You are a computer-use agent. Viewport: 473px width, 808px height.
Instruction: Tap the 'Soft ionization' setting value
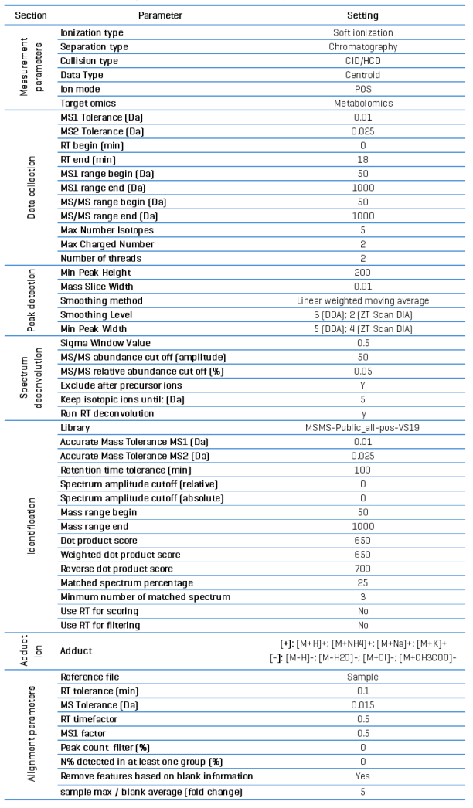tap(362, 33)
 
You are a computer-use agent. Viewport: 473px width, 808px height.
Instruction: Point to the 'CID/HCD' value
tap(362, 61)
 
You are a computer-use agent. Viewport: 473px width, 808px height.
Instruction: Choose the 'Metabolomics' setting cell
tap(362, 103)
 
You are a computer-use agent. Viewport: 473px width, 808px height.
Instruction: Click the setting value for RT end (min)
tap(362, 159)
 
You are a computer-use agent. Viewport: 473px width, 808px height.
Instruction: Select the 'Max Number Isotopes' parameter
tap(104, 230)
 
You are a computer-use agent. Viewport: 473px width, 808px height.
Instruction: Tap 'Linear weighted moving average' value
tap(362, 300)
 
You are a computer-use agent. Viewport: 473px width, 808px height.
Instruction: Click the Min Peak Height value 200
tap(362, 273)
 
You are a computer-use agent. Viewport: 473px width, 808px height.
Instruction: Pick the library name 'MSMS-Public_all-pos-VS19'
tap(362, 427)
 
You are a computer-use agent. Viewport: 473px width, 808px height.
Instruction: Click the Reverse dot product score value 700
tap(362, 569)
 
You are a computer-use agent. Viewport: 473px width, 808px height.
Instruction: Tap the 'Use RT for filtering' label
tap(101, 625)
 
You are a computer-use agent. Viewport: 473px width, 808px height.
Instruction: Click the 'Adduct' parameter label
tap(77, 651)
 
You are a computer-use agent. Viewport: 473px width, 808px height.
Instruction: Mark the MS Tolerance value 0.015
tap(362, 704)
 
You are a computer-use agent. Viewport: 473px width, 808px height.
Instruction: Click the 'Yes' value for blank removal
tap(362, 775)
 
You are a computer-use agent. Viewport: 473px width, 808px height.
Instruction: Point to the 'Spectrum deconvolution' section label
tap(30, 378)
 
